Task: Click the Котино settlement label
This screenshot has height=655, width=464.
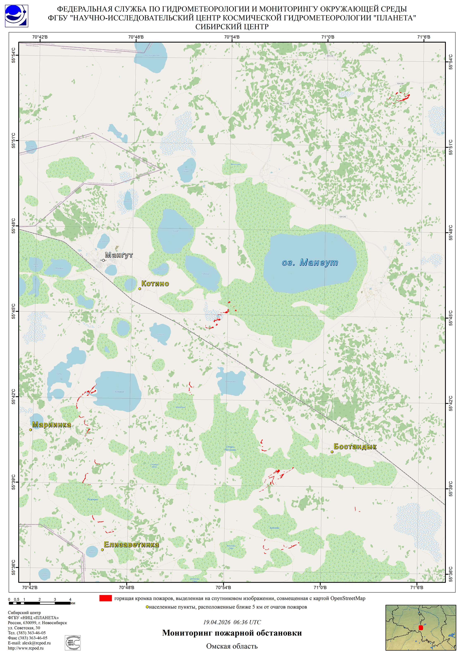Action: coord(155,284)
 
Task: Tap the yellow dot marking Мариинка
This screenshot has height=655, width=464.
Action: coord(31,430)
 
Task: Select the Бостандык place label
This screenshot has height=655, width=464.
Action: coord(355,447)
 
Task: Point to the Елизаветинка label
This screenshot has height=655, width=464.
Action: coord(131,544)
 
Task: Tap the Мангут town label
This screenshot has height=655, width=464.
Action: coord(119,255)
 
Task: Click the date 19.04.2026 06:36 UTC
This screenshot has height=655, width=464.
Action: coord(232,622)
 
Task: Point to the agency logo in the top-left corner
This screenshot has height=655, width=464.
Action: coord(16,16)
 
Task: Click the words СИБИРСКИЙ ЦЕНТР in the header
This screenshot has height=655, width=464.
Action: coord(232,27)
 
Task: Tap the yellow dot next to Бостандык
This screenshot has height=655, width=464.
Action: coord(332,452)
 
